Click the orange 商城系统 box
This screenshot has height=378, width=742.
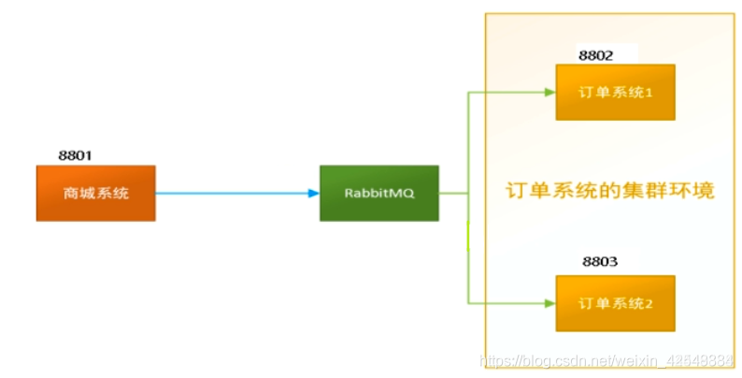tap(95, 193)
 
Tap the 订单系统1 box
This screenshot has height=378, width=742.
tap(615, 92)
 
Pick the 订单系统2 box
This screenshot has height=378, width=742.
tap(615, 303)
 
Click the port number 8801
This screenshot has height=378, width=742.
tap(77, 155)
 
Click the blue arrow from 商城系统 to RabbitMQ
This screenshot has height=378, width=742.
tap(234, 194)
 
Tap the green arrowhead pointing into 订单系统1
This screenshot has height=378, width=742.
tap(549, 92)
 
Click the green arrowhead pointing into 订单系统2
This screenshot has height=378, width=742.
tap(549, 303)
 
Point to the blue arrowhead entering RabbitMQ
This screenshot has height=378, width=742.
tap(313, 194)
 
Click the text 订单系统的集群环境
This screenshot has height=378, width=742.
tap(610, 192)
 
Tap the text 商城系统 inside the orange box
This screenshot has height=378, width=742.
tap(95, 194)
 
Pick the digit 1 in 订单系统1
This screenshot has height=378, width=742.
tap(647, 92)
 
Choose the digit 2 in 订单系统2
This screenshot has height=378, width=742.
tap(647, 303)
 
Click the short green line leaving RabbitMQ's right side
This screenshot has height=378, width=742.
tap(453, 194)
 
